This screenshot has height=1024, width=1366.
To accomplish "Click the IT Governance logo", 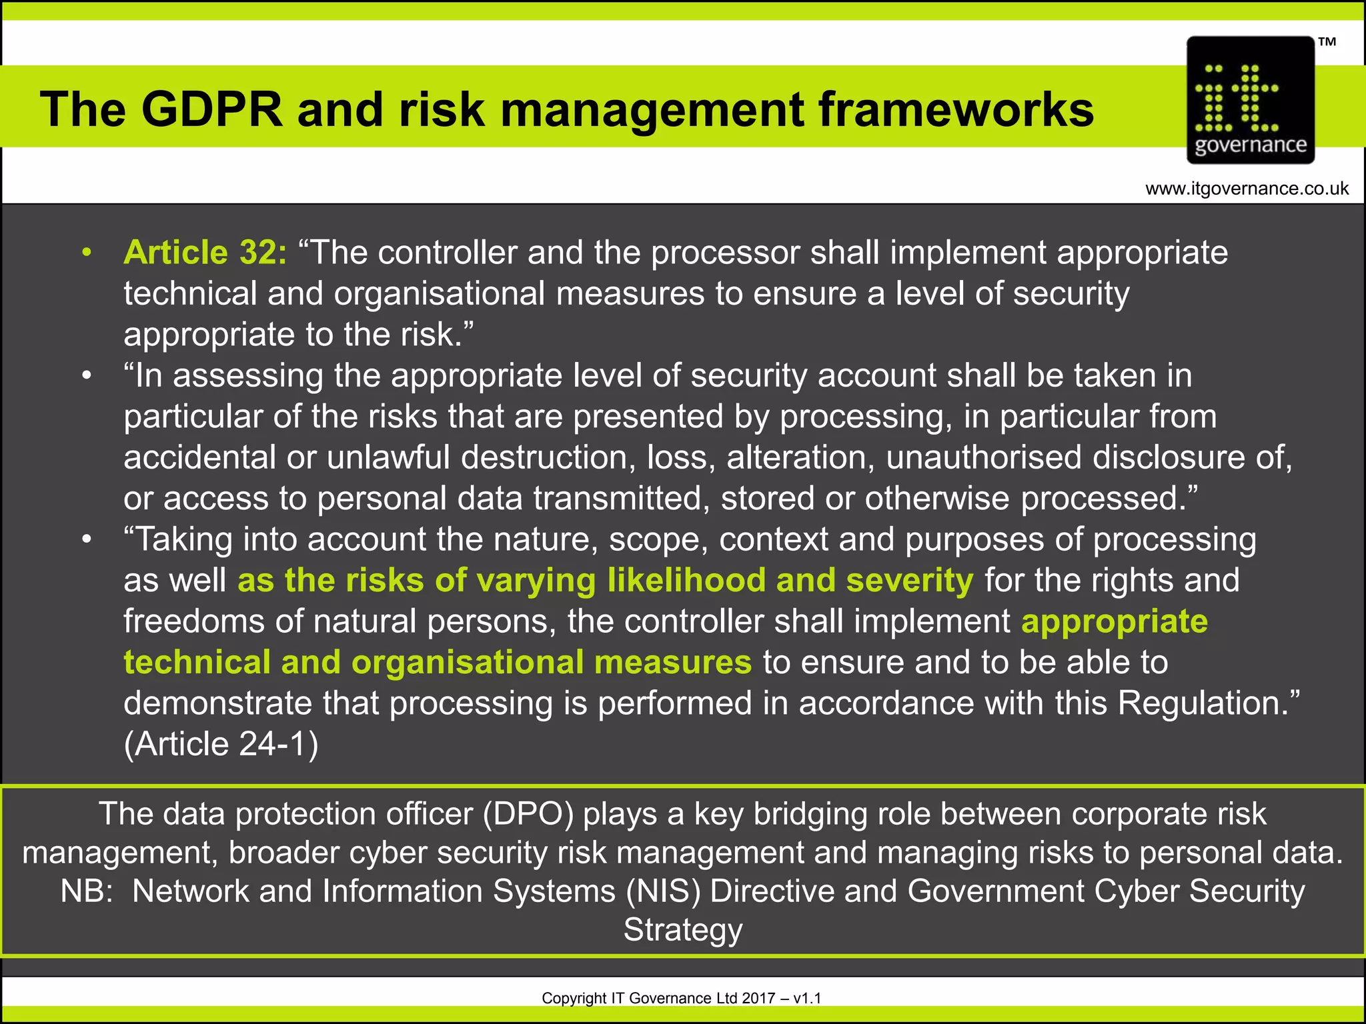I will tap(1250, 100).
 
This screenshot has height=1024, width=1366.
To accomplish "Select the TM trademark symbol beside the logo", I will tap(1327, 42).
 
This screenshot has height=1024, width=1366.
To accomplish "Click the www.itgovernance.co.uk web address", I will tap(1247, 189).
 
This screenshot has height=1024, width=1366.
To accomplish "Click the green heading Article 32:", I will tap(205, 253).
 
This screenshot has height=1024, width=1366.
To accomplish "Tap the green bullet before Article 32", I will tap(86, 253).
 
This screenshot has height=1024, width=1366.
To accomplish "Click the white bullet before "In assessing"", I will tap(86, 376).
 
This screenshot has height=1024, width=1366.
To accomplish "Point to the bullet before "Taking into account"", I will tap(86, 539).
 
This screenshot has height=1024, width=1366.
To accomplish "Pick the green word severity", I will tap(910, 581).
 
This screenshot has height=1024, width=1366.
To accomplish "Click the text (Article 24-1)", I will tap(221, 744).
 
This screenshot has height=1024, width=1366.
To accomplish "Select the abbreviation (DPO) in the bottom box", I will tap(528, 814).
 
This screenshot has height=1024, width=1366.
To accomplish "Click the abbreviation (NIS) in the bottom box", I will tap(663, 891).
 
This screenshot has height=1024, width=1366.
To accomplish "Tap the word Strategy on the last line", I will tap(682, 930).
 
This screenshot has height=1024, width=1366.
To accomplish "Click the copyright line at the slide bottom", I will tap(681, 998).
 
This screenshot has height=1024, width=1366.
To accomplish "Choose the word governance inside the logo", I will tap(1250, 145).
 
